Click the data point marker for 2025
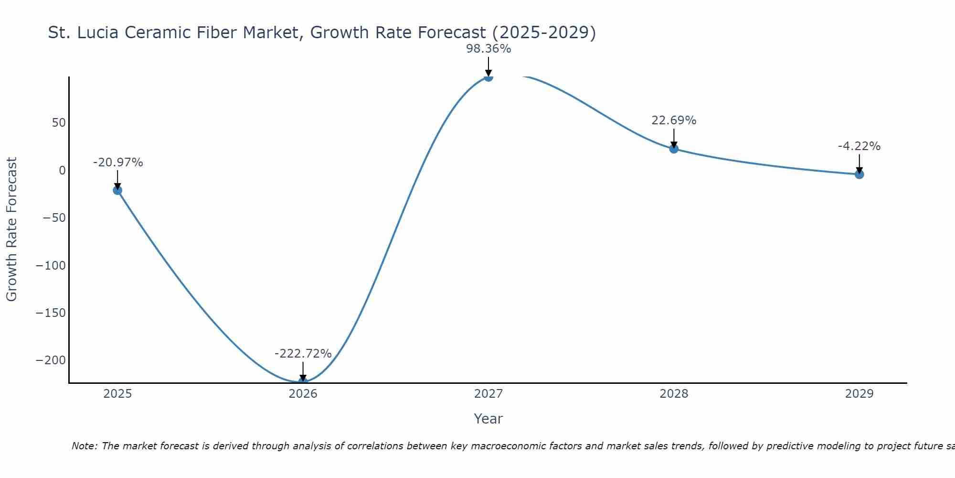point(117,190)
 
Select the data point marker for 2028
point(674,149)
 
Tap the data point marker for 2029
point(859,174)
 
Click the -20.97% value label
point(118,163)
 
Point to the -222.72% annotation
point(303,354)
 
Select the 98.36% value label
point(488,49)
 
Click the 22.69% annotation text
point(674,120)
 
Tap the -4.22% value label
point(859,146)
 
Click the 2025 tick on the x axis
point(117,394)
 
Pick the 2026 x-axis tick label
point(303,394)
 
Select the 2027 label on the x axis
point(488,394)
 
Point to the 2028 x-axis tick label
point(674,394)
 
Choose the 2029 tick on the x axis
point(859,394)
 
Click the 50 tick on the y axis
point(59,123)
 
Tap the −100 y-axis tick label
point(51,265)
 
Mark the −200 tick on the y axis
point(51,360)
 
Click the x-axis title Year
point(488,419)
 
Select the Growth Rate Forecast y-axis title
point(11,229)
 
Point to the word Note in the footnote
point(84,446)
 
